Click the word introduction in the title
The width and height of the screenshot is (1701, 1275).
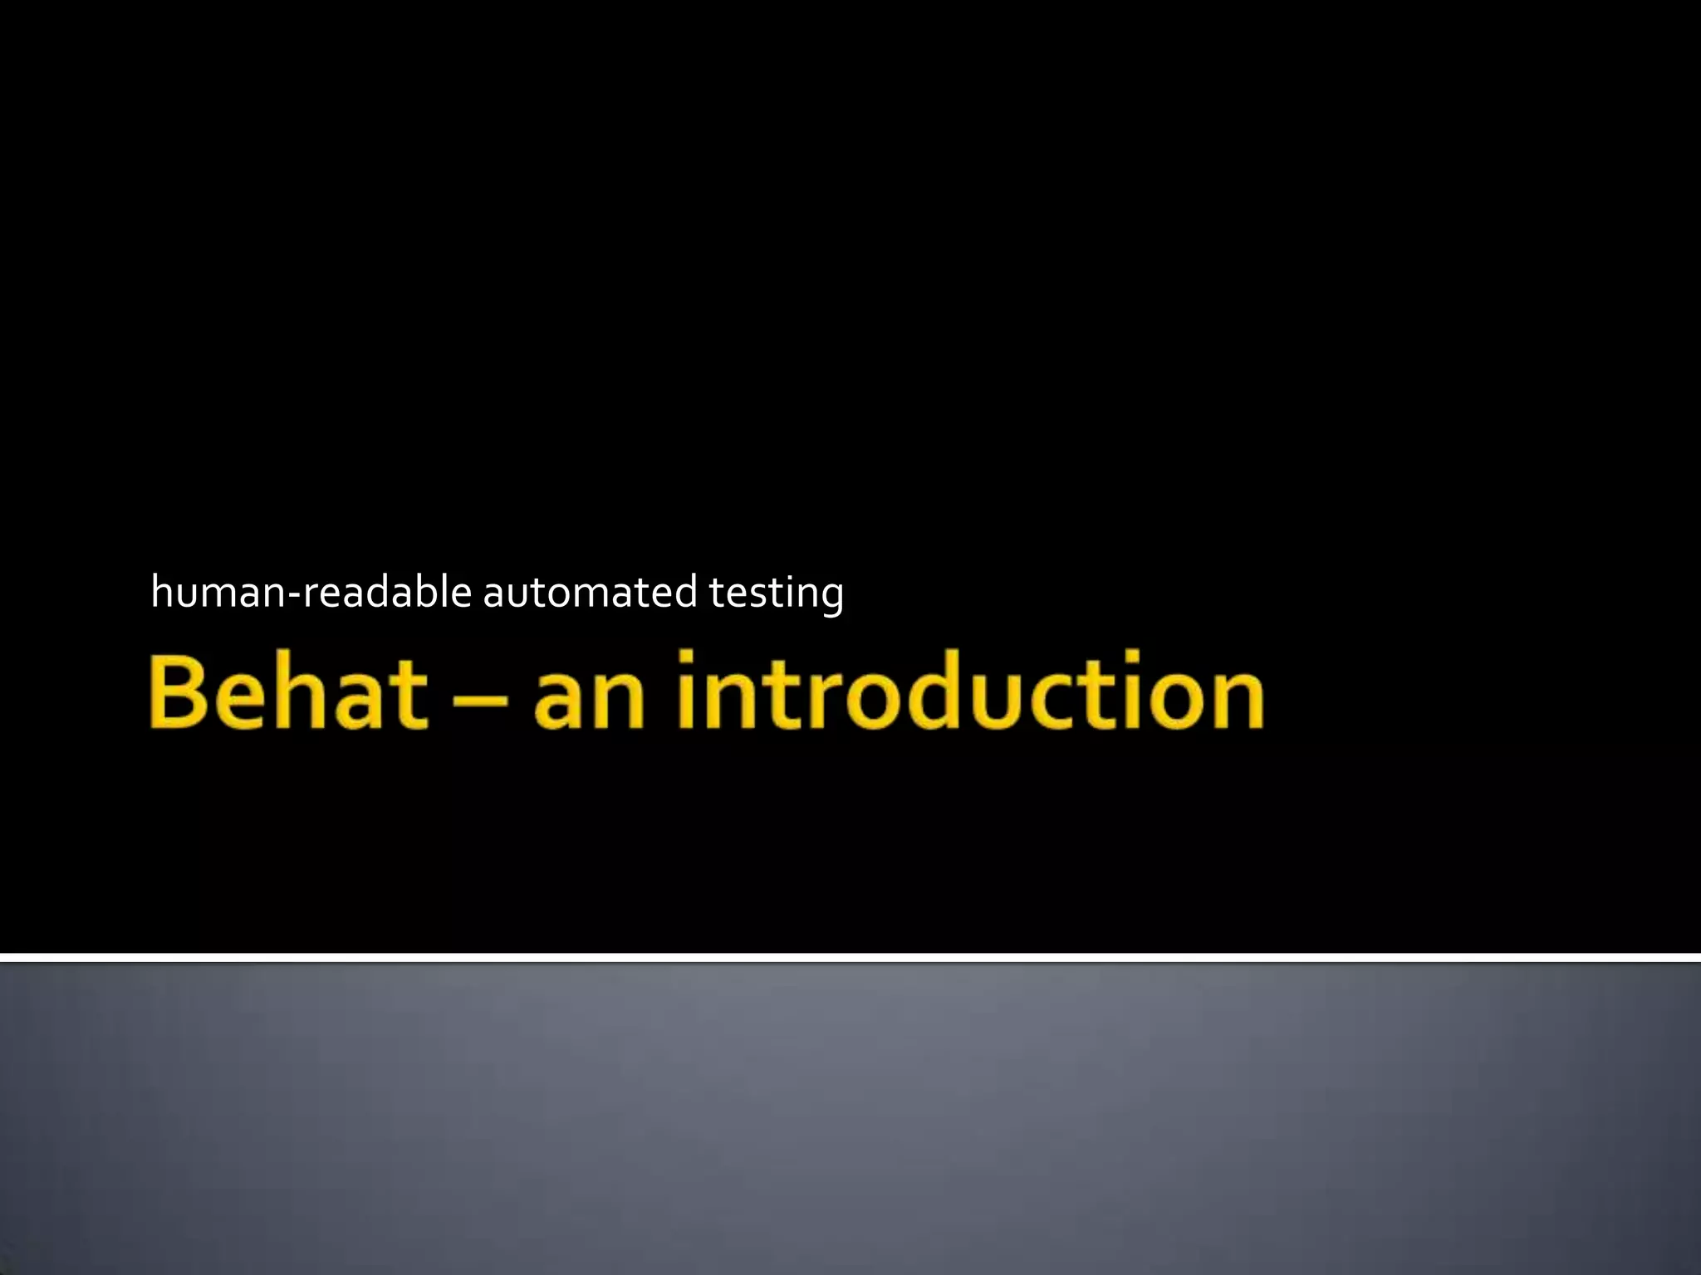[x=970, y=691]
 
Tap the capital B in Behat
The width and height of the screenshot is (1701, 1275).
[x=179, y=691]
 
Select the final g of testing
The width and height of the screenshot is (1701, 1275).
[x=827, y=598]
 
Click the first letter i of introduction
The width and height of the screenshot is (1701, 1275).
[x=686, y=691]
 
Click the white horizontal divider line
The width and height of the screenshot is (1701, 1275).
[x=850, y=958]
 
